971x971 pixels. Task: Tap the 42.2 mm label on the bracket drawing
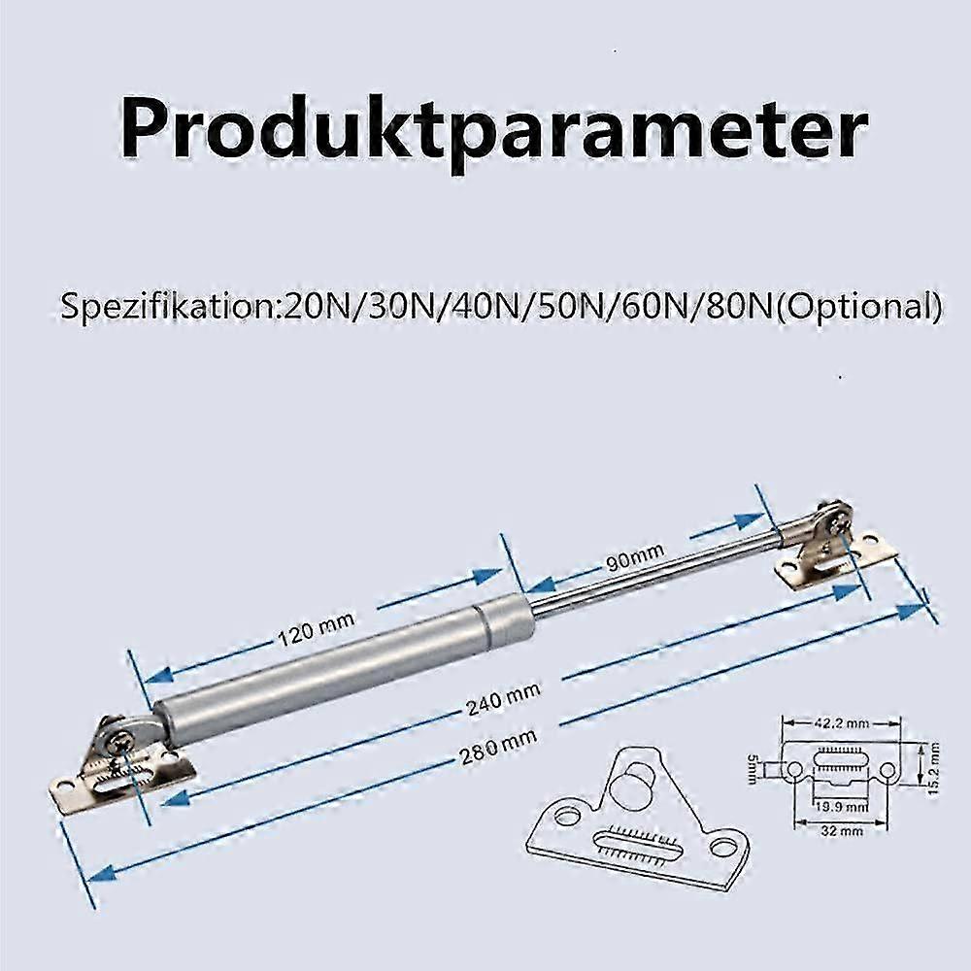click(841, 722)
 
